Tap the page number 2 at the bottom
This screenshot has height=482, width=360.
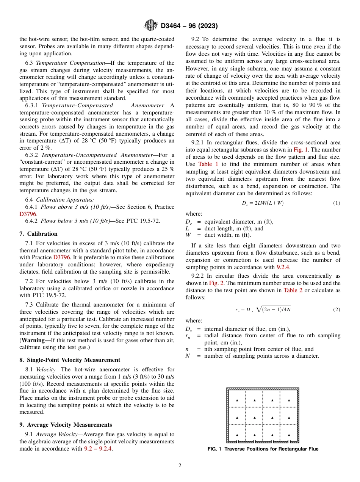tap(180, 466)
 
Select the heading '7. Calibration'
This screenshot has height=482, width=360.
tap(39, 234)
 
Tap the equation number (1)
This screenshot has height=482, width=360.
tap(337, 203)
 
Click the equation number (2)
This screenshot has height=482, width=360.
tap(337, 310)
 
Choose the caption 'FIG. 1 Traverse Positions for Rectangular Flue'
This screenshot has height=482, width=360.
tap(263, 449)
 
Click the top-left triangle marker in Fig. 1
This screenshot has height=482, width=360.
tap(237, 400)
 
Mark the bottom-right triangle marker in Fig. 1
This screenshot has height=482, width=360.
tap(289, 435)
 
